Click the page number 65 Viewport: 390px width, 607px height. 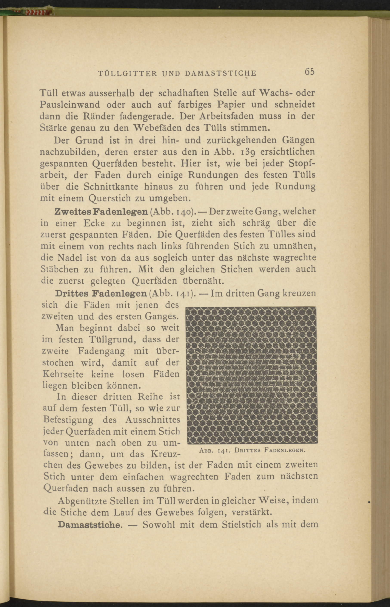(x=310, y=72)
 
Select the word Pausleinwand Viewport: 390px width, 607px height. (x=70, y=105)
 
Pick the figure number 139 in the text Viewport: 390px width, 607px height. (x=244, y=152)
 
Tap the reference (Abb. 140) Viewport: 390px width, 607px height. (x=173, y=211)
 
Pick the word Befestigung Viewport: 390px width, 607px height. (x=68, y=420)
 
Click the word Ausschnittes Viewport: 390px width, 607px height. (x=153, y=420)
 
